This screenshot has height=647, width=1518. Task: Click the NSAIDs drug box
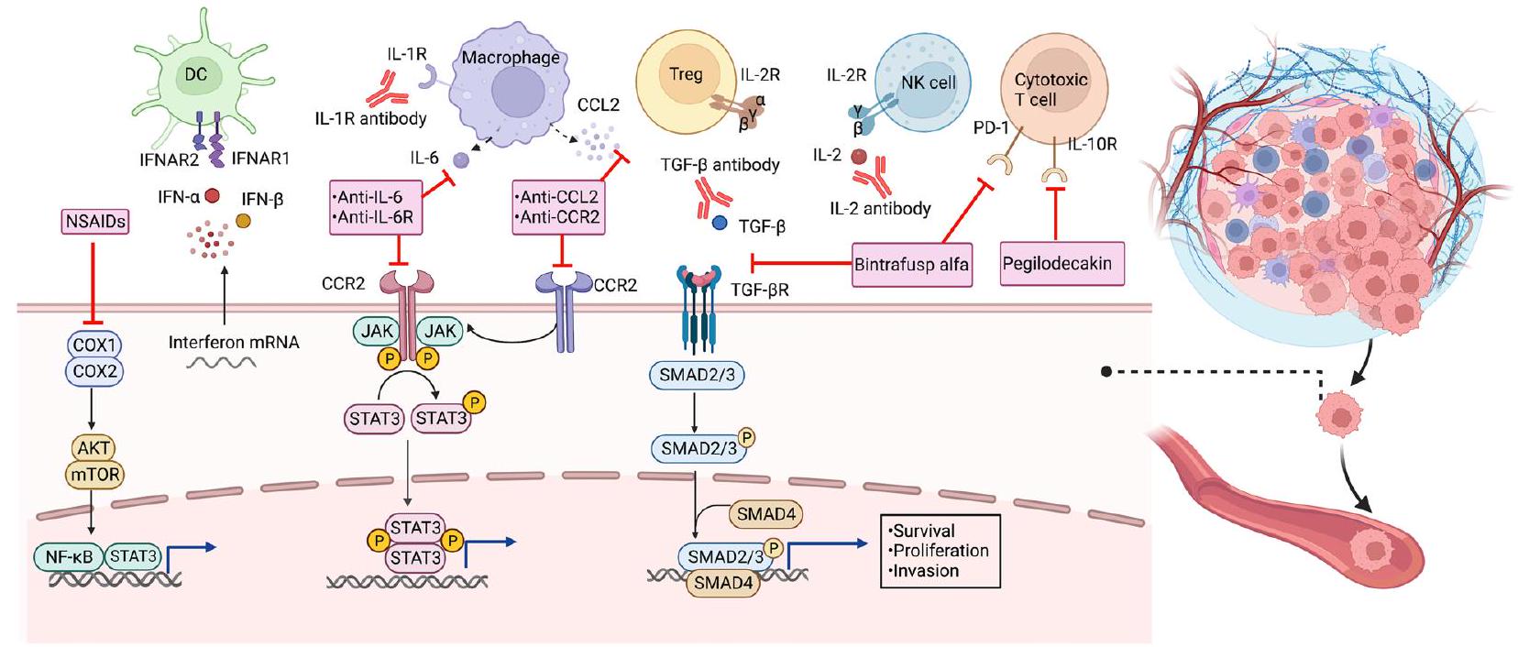[x=95, y=222]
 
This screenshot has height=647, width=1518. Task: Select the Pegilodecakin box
[x=1056, y=264]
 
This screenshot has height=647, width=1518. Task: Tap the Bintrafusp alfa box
[x=910, y=265]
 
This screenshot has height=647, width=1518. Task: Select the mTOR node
[x=93, y=475]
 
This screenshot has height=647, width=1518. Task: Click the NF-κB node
[x=68, y=556]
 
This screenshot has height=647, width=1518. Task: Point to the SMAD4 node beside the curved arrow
[x=765, y=515]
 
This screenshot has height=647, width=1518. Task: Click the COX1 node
[x=93, y=345]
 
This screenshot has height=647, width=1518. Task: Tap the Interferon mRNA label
[x=234, y=342]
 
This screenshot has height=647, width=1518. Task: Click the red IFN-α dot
[x=212, y=195]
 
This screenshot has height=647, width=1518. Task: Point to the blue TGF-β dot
[x=720, y=223]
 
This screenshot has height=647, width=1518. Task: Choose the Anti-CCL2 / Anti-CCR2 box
[x=559, y=207]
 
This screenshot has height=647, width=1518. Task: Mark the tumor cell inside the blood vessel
[x=1372, y=552]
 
